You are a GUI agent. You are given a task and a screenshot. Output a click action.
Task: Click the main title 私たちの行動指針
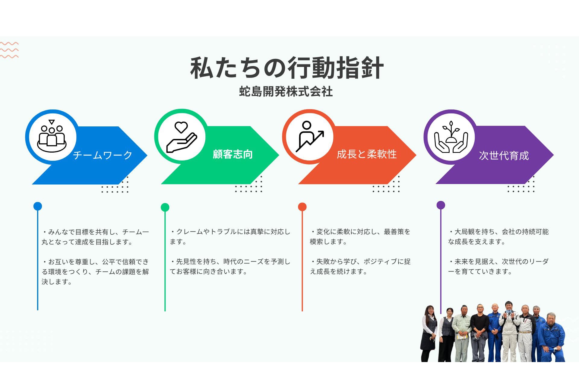click(x=286, y=68)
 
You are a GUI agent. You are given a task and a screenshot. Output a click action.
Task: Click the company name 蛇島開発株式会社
click(x=286, y=91)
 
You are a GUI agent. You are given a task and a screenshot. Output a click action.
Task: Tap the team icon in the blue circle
click(x=52, y=137)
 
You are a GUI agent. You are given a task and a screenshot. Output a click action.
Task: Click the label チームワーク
click(x=103, y=155)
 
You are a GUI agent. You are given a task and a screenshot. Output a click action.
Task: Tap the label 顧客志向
click(x=233, y=154)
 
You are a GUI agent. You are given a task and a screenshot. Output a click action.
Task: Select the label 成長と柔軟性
click(x=366, y=154)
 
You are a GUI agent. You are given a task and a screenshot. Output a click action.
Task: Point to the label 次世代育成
click(x=504, y=156)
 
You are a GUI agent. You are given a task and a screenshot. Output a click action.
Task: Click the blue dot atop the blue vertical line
click(x=38, y=206)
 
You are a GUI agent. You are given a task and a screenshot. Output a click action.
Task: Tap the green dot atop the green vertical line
click(x=165, y=207)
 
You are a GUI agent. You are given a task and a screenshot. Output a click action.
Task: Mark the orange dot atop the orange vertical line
click(x=302, y=207)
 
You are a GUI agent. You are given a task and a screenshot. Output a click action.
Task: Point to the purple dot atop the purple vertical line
click(x=441, y=205)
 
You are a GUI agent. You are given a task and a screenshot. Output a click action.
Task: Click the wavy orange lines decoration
click(x=9, y=50)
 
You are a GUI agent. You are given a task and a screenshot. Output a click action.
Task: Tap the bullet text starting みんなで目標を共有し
click(x=95, y=237)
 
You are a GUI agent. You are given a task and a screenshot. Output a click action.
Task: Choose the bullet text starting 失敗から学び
click(x=360, y=266)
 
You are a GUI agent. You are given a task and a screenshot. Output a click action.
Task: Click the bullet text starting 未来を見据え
click(x=498, y=266)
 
